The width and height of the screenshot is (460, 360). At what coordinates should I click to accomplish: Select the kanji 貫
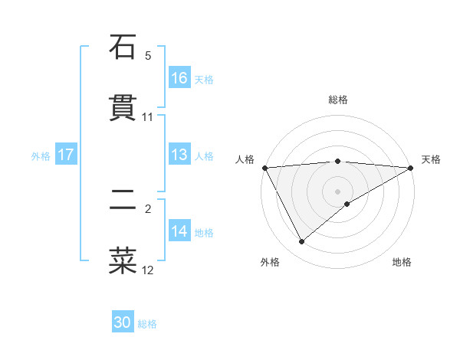(x=123, y=108)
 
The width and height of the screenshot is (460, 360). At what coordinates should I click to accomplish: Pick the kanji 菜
(x=123, y=260)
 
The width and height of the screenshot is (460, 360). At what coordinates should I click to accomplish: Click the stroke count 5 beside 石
(x=148, y=56)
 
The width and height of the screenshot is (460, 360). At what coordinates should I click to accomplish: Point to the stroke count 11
(x=148, y=117)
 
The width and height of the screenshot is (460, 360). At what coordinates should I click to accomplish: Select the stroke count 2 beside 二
(x=148, y=208)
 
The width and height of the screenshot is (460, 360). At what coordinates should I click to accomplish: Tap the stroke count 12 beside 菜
(x=148, y=270)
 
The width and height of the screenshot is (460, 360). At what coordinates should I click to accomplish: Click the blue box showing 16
(x=179, y=78)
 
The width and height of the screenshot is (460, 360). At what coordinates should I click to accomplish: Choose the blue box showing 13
(x=179, y=155)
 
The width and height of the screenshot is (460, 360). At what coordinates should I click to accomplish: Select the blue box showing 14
(x=179, y=231)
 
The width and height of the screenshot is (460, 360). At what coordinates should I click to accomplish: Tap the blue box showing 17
(x=66, y=155)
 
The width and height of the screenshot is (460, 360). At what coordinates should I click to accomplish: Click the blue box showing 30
(x=123, y=322)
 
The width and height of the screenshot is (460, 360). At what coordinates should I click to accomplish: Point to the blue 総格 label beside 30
(x=147, y=324)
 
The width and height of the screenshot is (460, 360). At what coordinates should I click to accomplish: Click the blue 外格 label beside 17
(x=41, y=156)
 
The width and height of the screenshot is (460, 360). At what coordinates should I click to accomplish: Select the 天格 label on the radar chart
(x=432, y=159)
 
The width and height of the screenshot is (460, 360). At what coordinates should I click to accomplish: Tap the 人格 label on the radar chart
(x=245, y=159)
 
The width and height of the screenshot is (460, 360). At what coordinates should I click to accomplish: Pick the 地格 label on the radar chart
(x=402, y=262)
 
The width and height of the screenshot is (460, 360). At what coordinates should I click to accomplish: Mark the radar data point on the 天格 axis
(x=412, y=167)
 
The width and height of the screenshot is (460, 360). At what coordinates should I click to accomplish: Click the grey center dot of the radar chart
(x=337, y=191)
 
